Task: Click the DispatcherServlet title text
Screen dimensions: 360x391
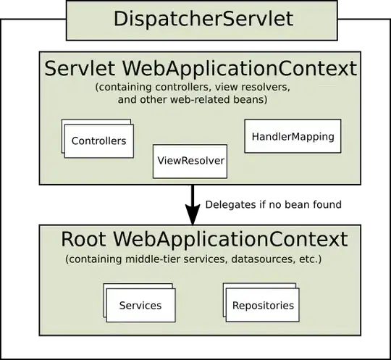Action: click(x=203, y=18)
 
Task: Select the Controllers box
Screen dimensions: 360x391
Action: click(x=98, y=141)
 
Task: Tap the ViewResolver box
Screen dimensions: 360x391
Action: click(x=190, y=161)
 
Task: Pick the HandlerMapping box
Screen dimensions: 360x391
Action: click(x=293, y=136)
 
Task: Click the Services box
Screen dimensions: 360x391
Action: click(x=140, y=305)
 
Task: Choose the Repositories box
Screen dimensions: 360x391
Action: click(x=263, y=305)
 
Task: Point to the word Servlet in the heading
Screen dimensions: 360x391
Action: click(x=80, y=68)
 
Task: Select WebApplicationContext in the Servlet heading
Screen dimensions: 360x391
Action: click(x=240, y=68)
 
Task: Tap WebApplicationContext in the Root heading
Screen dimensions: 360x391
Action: click(x=231, y=239)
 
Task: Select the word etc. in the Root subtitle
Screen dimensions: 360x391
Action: click(x=308, y=259)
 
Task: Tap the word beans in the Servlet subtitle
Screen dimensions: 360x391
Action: click(x=252, y=99)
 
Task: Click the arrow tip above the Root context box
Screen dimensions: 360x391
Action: click(x=193, y=222)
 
